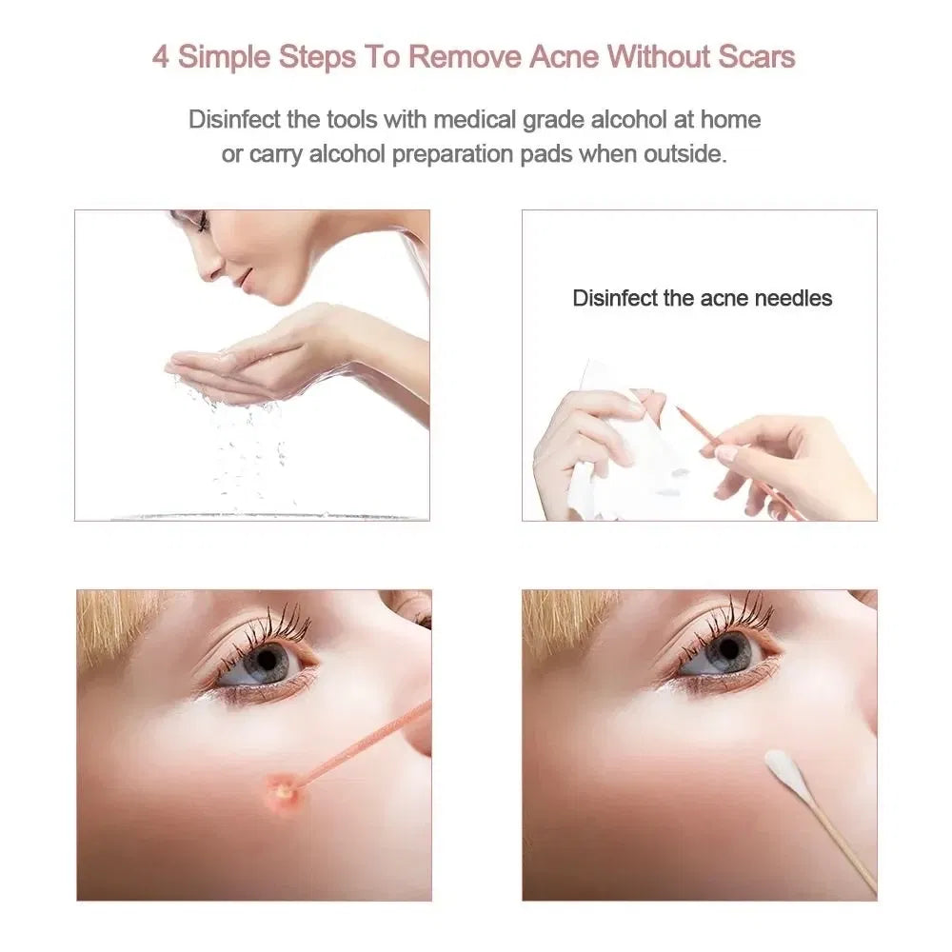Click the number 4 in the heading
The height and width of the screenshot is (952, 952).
(161, 56)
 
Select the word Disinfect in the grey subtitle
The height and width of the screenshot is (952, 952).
(228, 120)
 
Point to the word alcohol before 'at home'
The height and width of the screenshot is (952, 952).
(643, 120)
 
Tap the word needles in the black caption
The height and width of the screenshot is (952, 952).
(793, 298)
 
